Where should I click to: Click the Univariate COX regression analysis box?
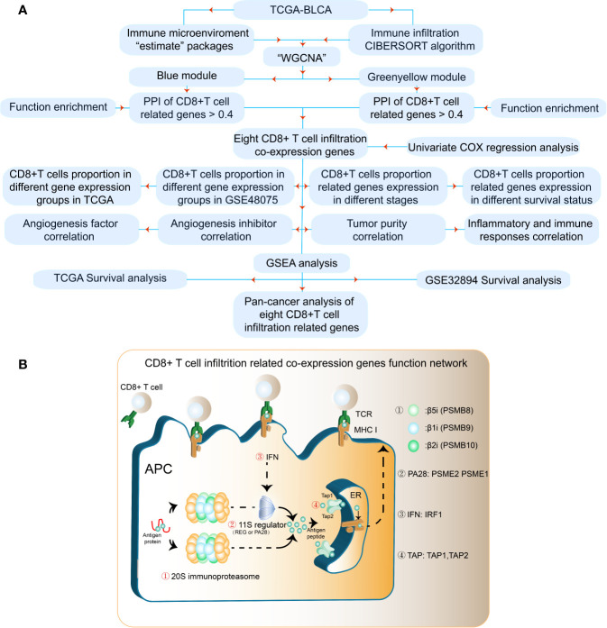pos(492,145)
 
